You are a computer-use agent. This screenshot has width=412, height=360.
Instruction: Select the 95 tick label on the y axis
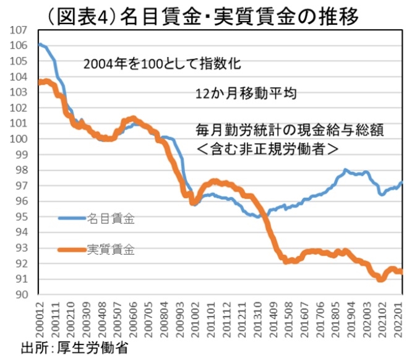tap(20, 216)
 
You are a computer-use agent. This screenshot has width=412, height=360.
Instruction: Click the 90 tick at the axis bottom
tap(20, 294)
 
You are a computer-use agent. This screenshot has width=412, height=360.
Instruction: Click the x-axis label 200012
tap(41, 319)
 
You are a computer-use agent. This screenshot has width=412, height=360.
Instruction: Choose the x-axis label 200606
tap(132, 319)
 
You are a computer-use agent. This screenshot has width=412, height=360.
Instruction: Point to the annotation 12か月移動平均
tap(246, 95)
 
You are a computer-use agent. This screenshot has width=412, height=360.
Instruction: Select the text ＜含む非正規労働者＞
tap(267, 148)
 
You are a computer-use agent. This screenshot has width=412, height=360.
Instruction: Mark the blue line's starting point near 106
tap(40, 45)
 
